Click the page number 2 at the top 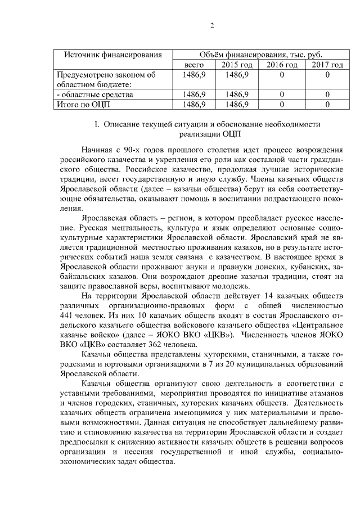click(x=213, y=25)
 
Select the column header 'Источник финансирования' click(x=109, y=55)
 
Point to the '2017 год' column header click(x=327, y=65)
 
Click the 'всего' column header click(x=194, y=65)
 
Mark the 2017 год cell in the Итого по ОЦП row click(x=327, y=104)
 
